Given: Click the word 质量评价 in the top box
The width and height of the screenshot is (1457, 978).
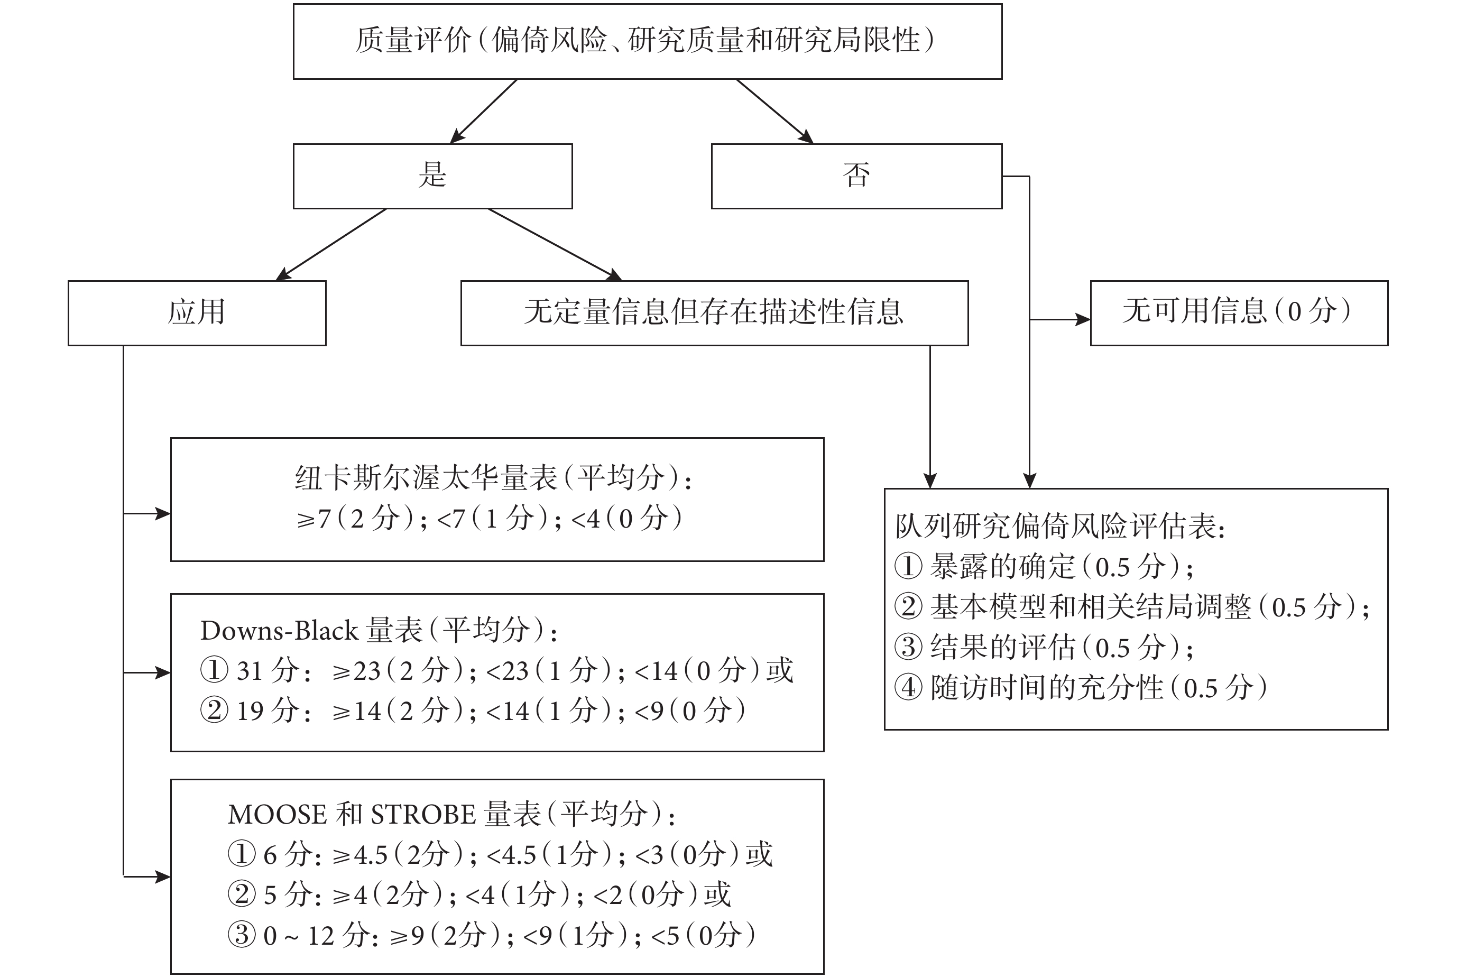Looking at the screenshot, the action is coord(413,41).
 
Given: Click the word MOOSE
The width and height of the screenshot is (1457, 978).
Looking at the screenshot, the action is coord(278,815).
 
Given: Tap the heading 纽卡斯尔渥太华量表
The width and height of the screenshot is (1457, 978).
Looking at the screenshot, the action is coord(427,478).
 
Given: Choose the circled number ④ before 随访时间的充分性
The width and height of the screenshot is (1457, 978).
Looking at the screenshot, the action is coord(908,687).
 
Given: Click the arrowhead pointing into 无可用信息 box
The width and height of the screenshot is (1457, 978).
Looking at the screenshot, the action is coord(1083,319).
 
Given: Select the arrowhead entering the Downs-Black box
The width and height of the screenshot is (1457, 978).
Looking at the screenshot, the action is coord(163,672).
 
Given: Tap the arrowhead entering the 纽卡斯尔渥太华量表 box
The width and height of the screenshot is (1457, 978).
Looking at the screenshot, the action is coord(163,513).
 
